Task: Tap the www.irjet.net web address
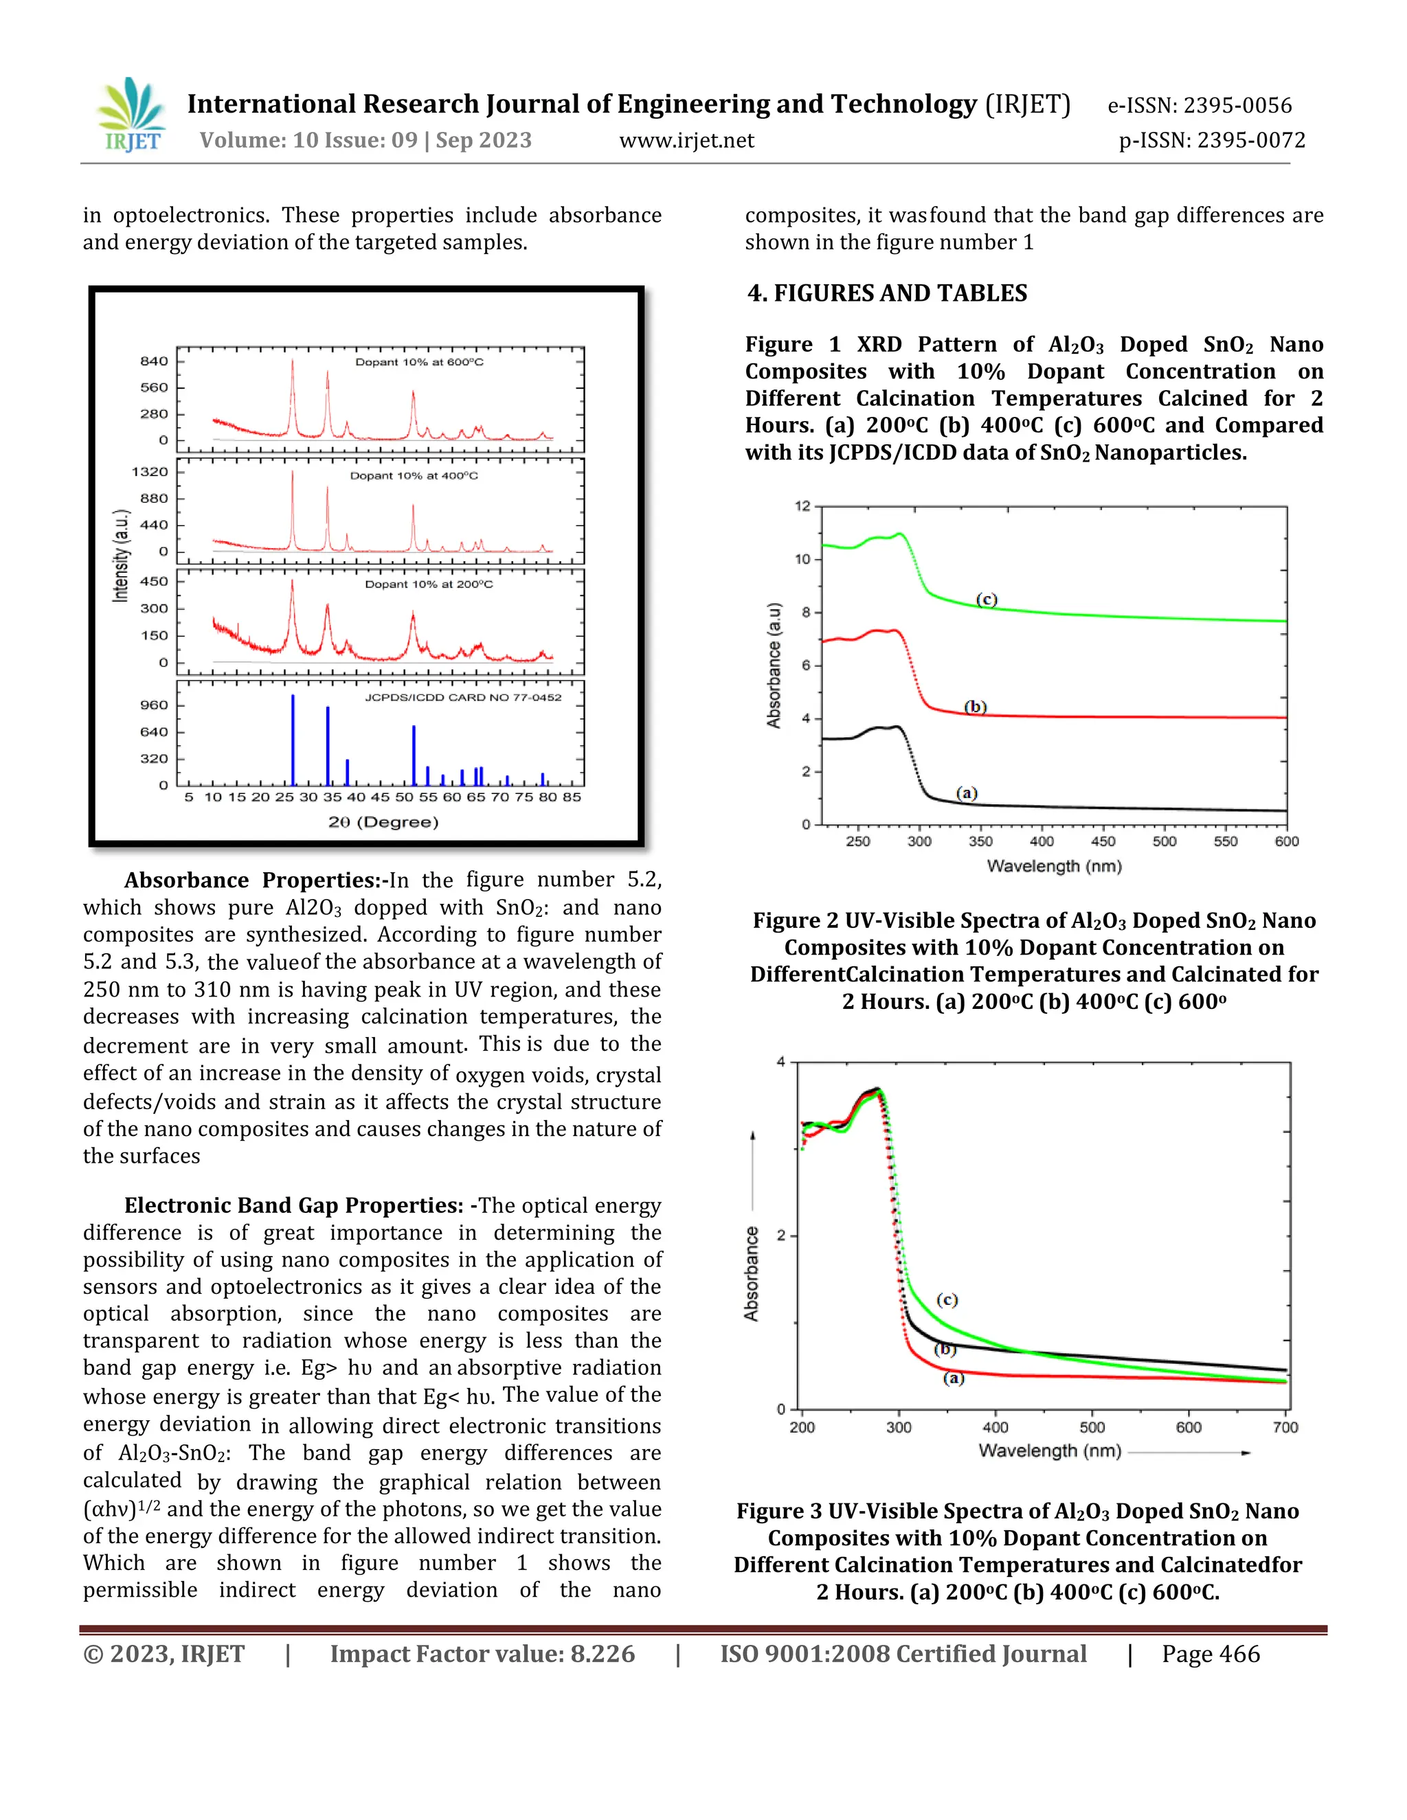click(686, 141)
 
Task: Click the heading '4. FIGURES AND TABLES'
click(887, 293)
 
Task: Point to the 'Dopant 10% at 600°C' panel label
click(419, 363)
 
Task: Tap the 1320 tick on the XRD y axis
click(150, 472)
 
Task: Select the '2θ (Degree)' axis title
click(383, 823)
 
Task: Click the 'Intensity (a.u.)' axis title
click(122, 556)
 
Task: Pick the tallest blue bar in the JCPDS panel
click(293, 740)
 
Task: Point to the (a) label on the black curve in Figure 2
click(966, 793)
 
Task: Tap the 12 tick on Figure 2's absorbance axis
click(802, 507)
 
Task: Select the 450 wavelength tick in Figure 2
click(1103, 842)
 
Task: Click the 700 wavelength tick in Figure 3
click(1285, 1428)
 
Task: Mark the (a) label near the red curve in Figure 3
click(954, 1378)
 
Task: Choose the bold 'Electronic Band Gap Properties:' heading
click(293, 1205)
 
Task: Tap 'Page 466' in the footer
click(1211, 1654)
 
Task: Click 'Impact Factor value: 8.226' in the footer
click(482, 1654)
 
